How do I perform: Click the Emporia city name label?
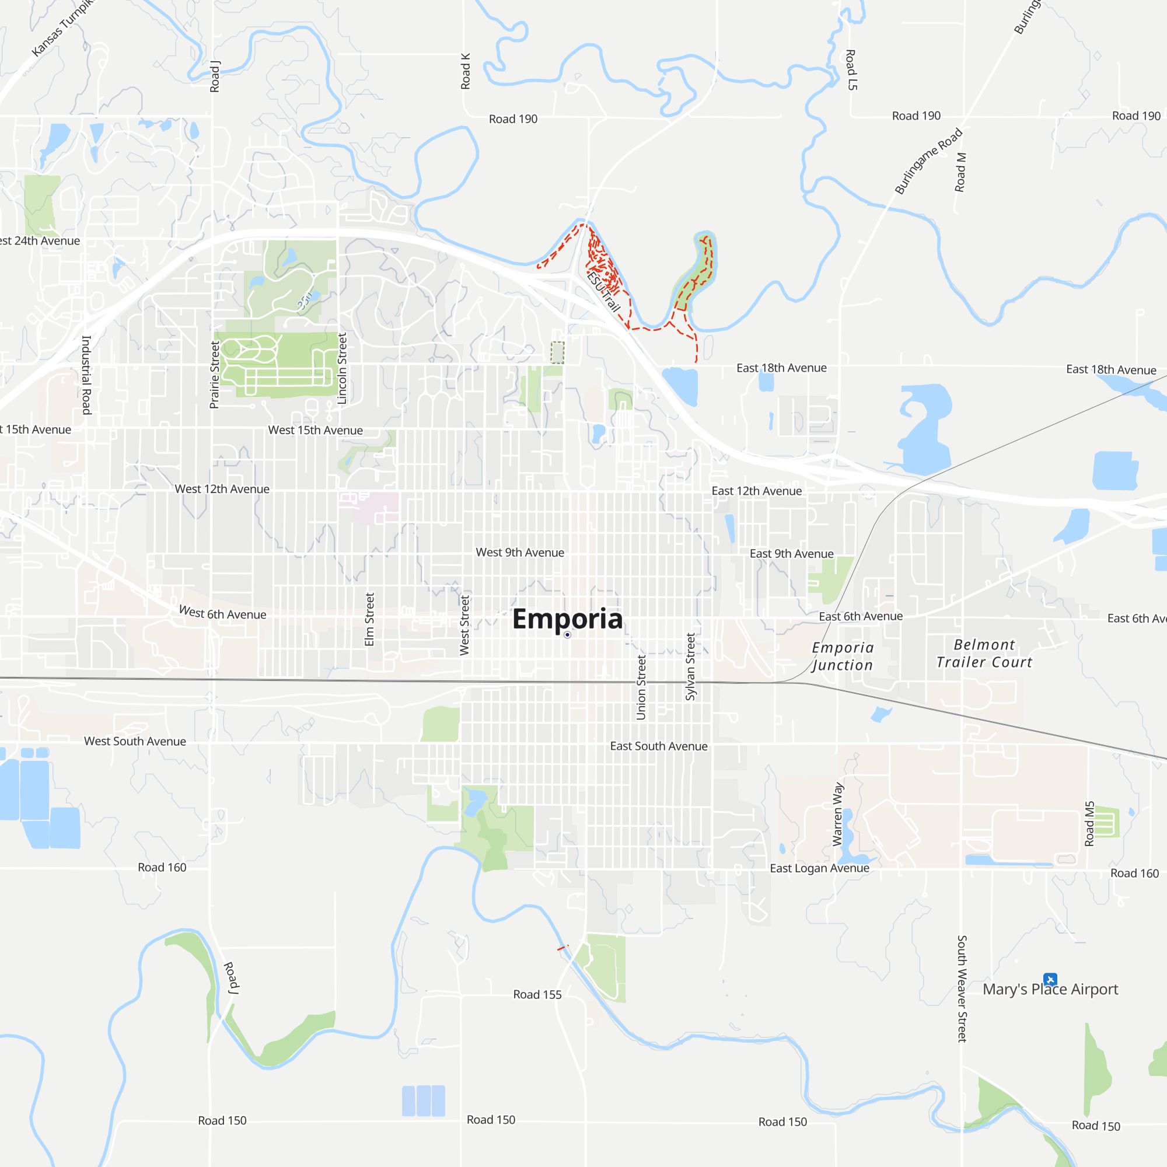click(x=567, y=619)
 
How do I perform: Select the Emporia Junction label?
click(x=843, y=656)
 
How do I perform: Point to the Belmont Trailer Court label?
click(x=984, y=654)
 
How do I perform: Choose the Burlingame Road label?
click(x=928, y=161)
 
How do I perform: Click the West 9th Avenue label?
click(x=519, y=553)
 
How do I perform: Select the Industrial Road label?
click(x=86, y=375)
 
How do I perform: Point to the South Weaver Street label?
click(x=962, y=989)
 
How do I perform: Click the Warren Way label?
click(x=838, y=814)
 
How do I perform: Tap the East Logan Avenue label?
click(x=819, y=868)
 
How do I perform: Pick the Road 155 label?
click(x=537, y=995)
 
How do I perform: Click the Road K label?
click(x=465, y=71)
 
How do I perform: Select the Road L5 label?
click(x=851, y=70)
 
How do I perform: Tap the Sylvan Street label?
click(x=690, y=667)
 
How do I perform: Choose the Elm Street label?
click(x=369, y=619)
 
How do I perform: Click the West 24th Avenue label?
click(x=40, y=241)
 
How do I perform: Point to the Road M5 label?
click(x=1089, y=824)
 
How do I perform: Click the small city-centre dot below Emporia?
click(x=567, y=635)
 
